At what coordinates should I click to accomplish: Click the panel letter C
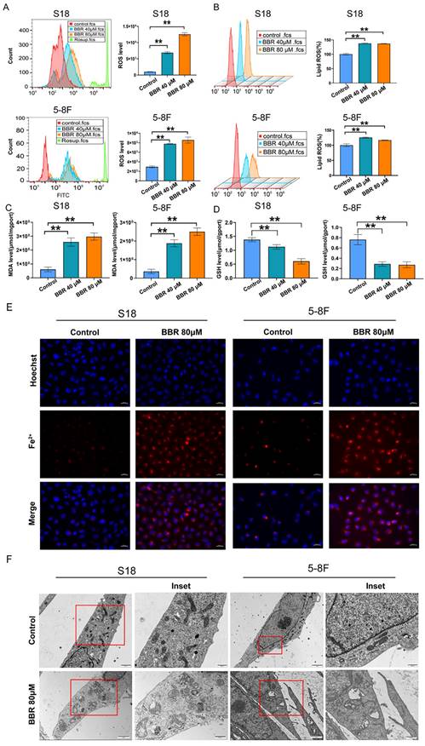point(6,206)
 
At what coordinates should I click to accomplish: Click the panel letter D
point(221,206)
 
